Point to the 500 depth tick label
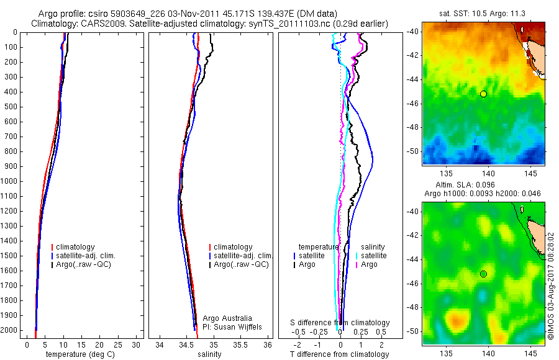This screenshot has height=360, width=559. tap(11, 107)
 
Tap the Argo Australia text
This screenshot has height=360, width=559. tap(227, 318)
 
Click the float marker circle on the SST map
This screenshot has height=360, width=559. tap(483, 94)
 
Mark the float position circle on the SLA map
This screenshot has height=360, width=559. tap(483, 274)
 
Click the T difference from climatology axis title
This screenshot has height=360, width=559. tap(339, 354)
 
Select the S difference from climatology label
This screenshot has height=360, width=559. tap(340, 323)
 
